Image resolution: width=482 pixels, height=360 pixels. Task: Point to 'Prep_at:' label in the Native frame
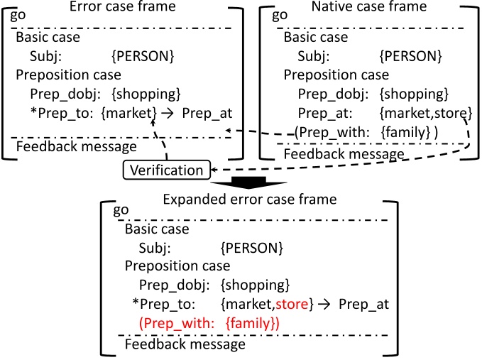coord(323,112)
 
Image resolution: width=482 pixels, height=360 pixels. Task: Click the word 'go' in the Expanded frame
coord(121,211)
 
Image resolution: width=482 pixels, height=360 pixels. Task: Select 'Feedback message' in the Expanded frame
coord(185,344)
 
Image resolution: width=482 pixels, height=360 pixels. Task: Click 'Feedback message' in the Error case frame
coord(76,146)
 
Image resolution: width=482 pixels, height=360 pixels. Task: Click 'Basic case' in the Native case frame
coord(317,38)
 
